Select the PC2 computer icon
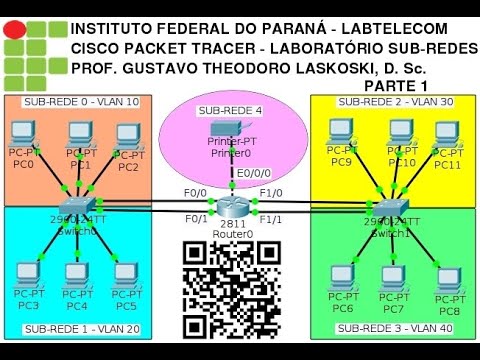pos(127,136)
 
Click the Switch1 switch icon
pos(388,194)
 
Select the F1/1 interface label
pos(270,219)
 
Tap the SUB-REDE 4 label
pos(230,110)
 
